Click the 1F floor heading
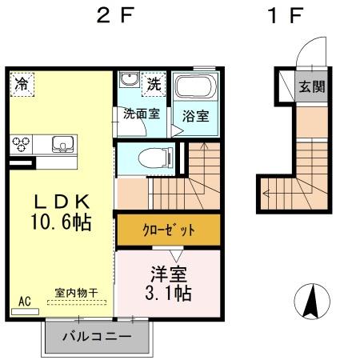coord(286,17)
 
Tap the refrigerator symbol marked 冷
coord(22,82)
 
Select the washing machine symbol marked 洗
coord(152,82)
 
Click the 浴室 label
coord(196,115)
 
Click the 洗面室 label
coord(141,114)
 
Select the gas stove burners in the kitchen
coord(22,144)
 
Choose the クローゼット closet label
coord(168,230)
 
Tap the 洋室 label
coord(168,272)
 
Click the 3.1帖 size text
coord(167,293)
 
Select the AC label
coord(24,301)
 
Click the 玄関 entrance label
coord(312,86)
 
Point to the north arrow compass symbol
coord(312,302)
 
